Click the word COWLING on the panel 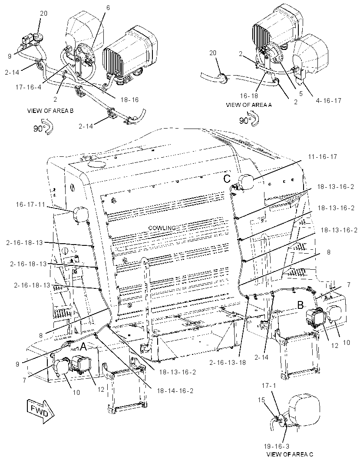click(x=162, y=228)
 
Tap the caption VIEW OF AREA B click(x=50, y=111)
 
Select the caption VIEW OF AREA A click(x=249, y=105)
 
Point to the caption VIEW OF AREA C click(x=290, y=454)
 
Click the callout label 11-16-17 click(x=322, y=157)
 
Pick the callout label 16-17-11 click(x=30, y=204)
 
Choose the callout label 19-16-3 click(x=277, y=446)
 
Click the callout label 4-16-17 click(x=328, y=101)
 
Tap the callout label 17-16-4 click(x=29, y=87)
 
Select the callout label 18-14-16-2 click(x=175, y=390)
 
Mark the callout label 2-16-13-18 click(x=228, y=363)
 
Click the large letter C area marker click(x=227, y=179)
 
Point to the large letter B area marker click(x=301, y=305)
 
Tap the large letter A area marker click(x=83, y=347)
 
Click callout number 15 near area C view click(x=261, y=400)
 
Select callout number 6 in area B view click(x=108, y=8)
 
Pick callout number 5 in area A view click(x=301, y=94)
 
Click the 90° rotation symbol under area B click(x=43, y=127)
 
